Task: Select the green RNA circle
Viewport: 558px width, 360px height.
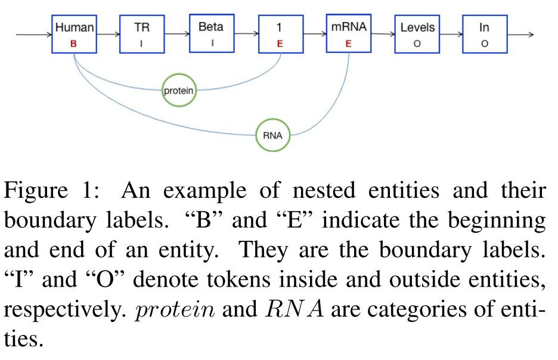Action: tap(272, 135)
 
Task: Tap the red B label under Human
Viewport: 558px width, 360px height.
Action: tap(74, 44)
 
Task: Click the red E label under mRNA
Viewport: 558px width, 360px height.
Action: tap(348, 43)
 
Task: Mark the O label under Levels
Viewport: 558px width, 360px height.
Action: tap(417, 44)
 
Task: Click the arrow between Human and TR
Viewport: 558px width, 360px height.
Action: tap(108, 35)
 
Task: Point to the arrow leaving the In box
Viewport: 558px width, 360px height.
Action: tap(520, 35)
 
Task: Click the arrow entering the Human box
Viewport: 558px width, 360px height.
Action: tap(33, 35)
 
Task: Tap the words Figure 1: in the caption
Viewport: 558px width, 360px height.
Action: tap(51, 192)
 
